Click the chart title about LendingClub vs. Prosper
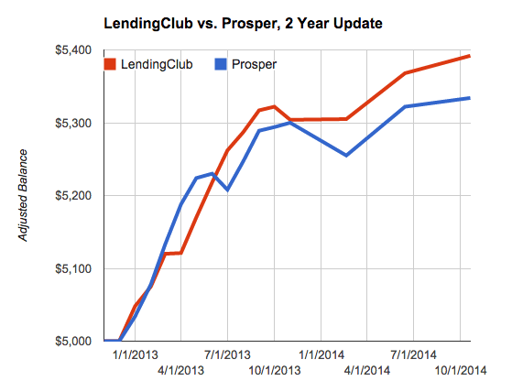256,20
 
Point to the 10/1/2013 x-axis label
275,371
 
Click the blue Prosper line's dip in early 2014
346,155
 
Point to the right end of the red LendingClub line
470,56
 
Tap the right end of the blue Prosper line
470,98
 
